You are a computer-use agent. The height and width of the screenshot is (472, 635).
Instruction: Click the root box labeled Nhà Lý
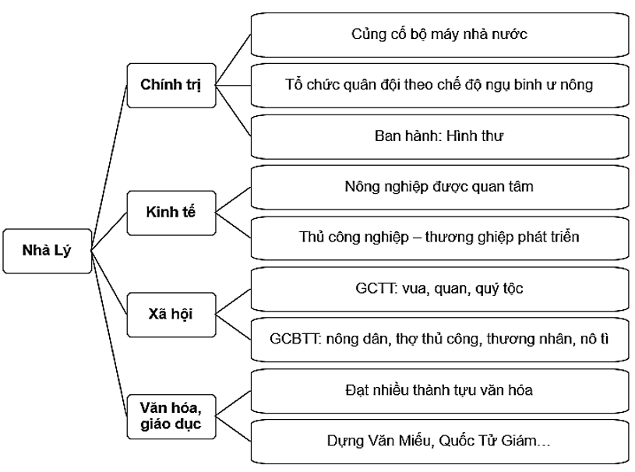point(46,251)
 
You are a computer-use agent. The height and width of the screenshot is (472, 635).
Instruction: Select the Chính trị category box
point(171,84)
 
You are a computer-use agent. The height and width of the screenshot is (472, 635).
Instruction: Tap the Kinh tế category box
point(171,210)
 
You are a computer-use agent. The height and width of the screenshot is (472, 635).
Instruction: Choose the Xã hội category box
point(171,315)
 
